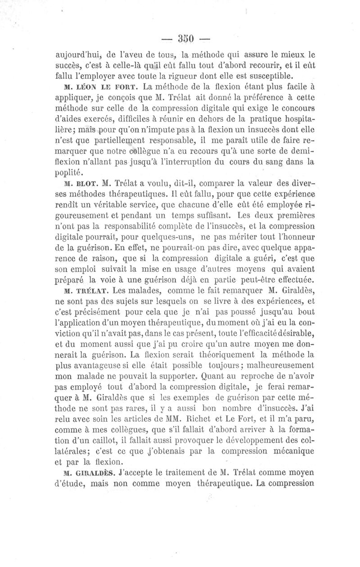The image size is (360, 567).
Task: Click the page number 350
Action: [x=180, y=38]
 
